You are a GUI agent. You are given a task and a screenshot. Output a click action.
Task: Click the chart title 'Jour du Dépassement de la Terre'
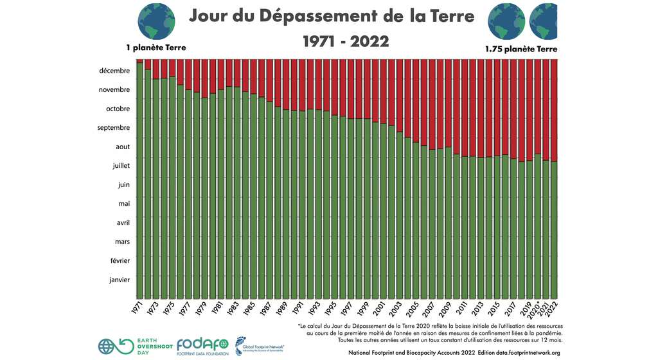332,16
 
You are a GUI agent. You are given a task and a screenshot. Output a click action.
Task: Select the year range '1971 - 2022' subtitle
346,41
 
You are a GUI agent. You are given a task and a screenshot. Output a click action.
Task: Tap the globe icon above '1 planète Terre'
156,21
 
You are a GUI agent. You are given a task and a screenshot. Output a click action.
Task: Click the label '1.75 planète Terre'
521,49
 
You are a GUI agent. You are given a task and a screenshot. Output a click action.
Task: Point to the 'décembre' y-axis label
114,71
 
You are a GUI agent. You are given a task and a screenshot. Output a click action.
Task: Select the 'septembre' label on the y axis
113,128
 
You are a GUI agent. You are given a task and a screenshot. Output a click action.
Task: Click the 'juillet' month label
121,166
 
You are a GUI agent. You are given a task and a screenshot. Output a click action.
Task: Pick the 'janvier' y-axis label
120,280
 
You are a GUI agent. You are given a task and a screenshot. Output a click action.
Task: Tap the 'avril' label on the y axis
122,223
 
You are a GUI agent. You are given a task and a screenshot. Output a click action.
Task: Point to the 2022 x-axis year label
552,309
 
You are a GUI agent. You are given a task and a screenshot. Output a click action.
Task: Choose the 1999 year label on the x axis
362,309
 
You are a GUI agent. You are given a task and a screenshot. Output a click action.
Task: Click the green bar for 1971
139,180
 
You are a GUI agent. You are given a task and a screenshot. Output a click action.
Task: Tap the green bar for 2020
538,225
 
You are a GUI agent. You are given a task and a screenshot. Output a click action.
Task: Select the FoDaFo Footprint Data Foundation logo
202,346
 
